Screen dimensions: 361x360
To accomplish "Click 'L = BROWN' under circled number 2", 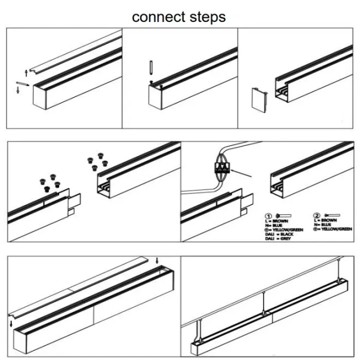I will coord(333,221).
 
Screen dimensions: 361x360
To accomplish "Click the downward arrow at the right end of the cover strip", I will coord(157,259).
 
